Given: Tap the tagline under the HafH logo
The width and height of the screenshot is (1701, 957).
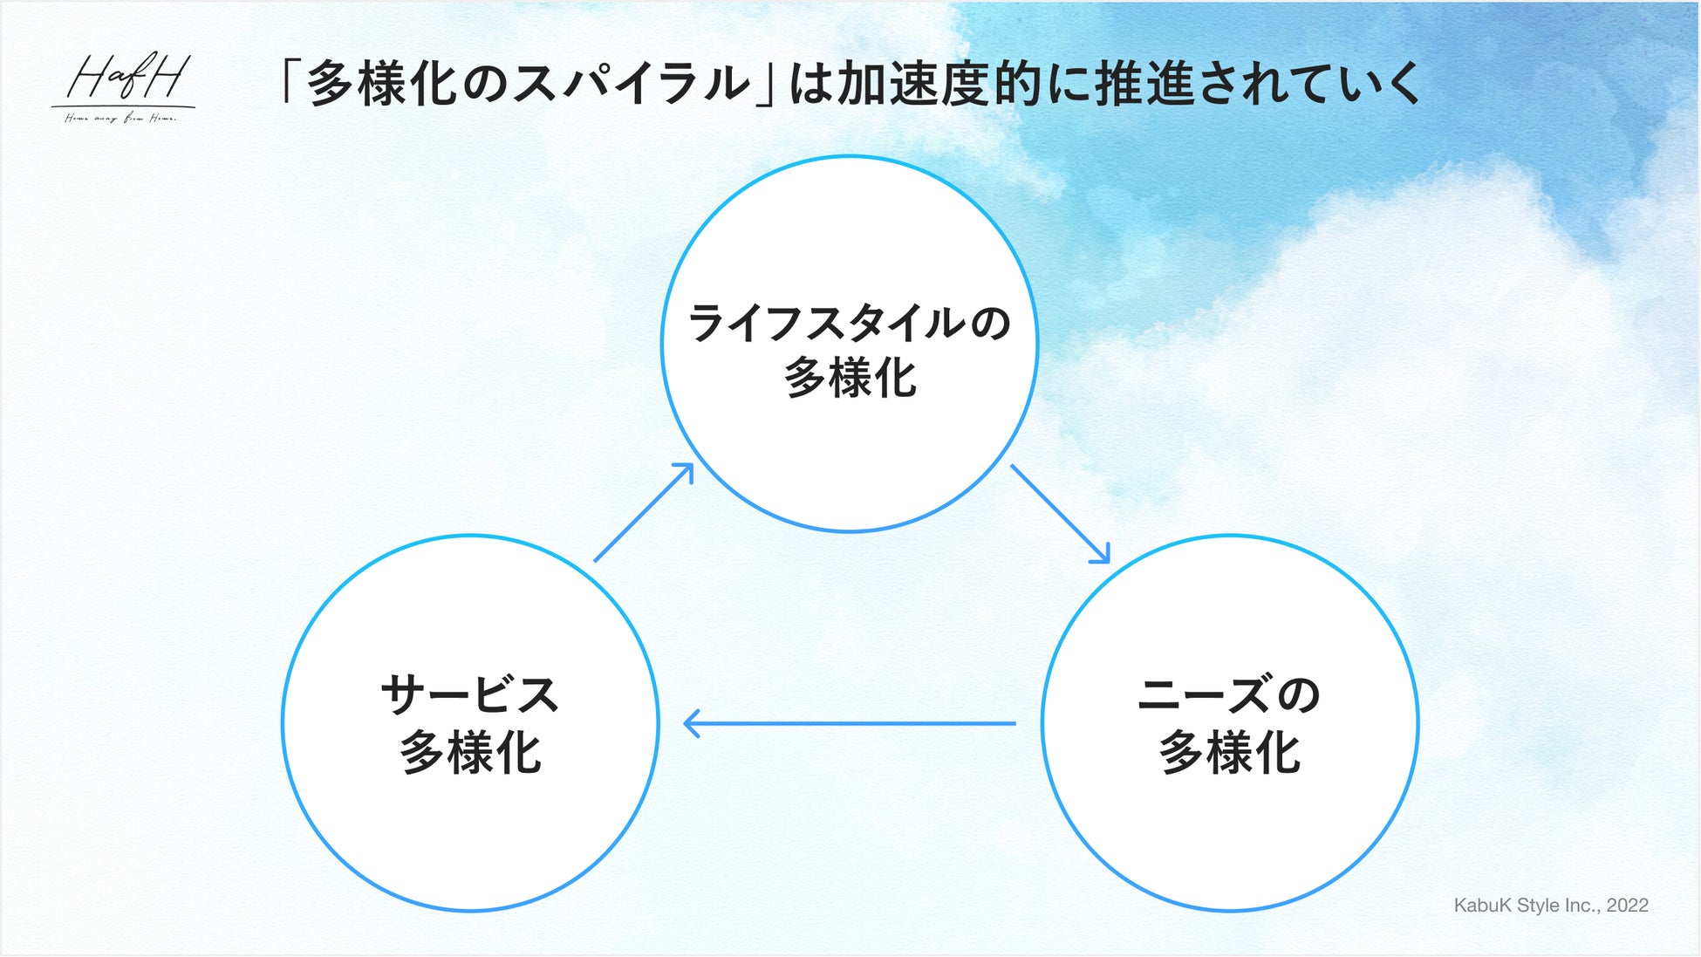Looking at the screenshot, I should point(120,119).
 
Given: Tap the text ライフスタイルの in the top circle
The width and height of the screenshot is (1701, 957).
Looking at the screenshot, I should point(850,323).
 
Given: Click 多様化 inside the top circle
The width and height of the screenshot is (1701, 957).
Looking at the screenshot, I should point(850,379).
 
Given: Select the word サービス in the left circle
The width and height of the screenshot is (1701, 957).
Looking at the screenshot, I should point(470,696).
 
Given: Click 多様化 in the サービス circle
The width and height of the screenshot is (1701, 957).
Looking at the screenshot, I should point(470,753).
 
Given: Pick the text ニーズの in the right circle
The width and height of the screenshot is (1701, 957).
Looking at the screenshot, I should point(1229,696).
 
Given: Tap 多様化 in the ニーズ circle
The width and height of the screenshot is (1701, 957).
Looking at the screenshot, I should point(1229,753).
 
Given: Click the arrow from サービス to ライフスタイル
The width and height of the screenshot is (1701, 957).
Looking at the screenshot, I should point(644,512).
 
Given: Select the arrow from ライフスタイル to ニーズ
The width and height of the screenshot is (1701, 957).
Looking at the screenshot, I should point(1059,513).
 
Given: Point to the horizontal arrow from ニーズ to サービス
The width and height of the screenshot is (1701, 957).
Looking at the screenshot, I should point(850,723).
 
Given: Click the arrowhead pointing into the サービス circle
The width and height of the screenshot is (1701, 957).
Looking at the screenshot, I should point(692,723).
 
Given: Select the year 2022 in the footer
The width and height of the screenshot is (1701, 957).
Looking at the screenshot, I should point(1627,906).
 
